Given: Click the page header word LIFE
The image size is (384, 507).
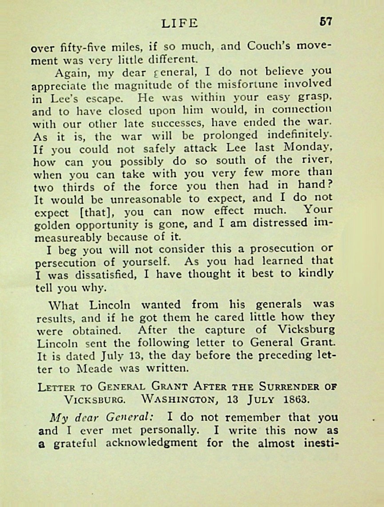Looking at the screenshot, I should click(x=180, y=23).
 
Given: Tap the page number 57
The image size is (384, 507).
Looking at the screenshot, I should click(x=325, y=22).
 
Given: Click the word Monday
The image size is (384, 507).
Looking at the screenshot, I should click(x=311, y=148).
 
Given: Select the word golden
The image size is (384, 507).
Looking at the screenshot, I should click(x=48, y=224).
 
